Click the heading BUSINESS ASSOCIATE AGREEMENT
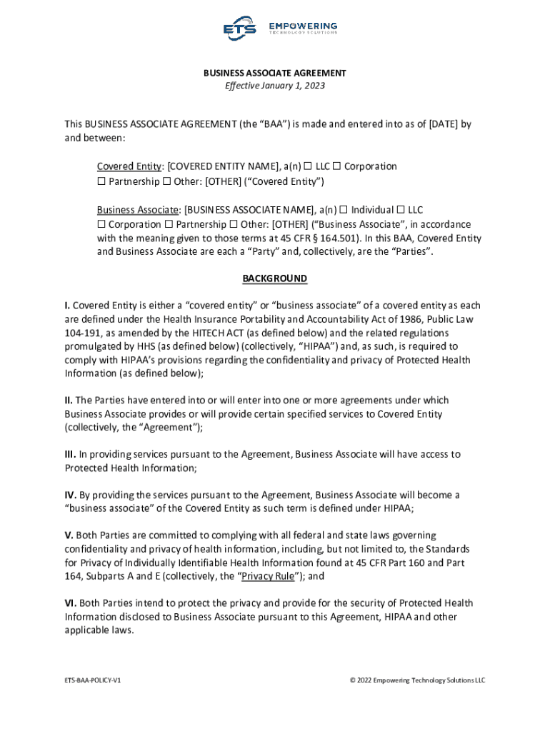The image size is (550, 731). click(275, 73)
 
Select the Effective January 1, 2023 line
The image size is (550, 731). click(275, 86)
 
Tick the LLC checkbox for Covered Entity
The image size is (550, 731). click(307, 166)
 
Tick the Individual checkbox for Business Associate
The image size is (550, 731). click(344, 210)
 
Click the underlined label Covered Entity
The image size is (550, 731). click(129, 166)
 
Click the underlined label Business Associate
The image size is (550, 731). click(138, 210)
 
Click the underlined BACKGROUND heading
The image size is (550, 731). click(275, 278)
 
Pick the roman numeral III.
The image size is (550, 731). click(70, 455)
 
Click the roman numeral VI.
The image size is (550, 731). click(70, 604)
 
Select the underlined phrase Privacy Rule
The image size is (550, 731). click(268, 577)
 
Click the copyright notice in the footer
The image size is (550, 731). click(417, 680)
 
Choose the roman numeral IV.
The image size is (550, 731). click(70, 495)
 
